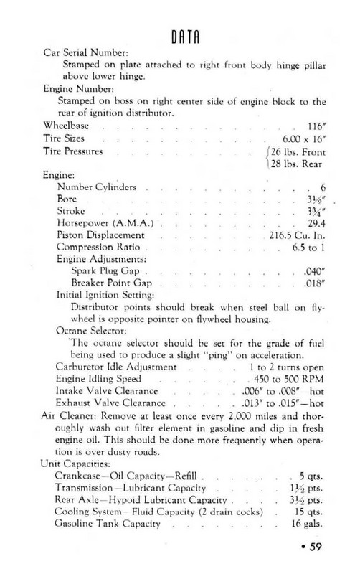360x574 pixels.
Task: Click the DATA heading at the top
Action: [x=182, y=37]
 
